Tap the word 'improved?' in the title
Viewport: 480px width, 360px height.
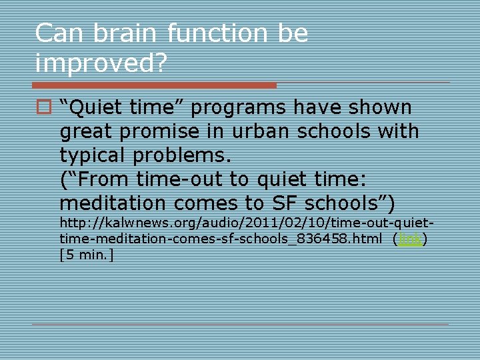(101, 63)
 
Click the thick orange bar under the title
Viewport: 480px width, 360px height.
(155, 85)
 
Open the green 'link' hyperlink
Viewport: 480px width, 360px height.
(410, 239)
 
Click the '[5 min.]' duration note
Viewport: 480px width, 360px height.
(87, 254)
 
